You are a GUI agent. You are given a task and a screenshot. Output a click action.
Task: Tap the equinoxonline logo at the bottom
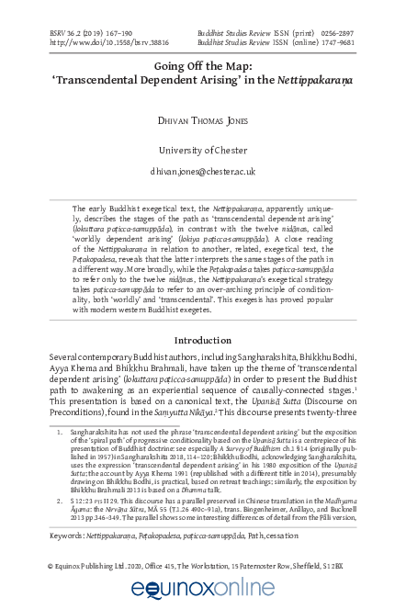pyautogui.click(x=203, y=588)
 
